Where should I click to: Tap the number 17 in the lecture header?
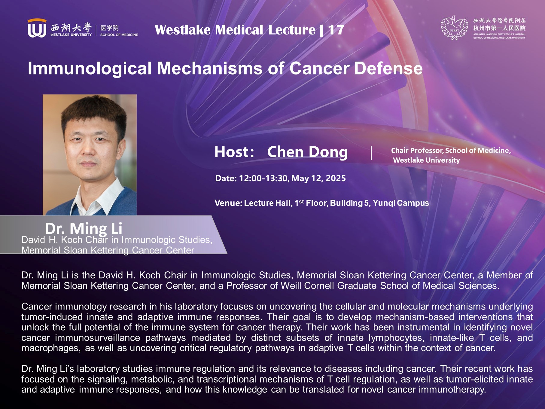point(336,30)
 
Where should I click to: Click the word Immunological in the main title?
point(90,69)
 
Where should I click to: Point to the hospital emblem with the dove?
point(454,28)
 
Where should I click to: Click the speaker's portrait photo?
point(90,155)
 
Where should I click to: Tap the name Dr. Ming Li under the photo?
point(84,228)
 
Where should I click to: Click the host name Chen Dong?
point(307,152)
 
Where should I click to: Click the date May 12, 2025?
point(318,178)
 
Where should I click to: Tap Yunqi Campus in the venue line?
point(401,203)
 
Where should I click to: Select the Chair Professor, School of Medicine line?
point(451,151)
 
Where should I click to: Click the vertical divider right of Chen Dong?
point(372,153)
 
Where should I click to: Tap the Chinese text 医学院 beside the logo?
point(109,28)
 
